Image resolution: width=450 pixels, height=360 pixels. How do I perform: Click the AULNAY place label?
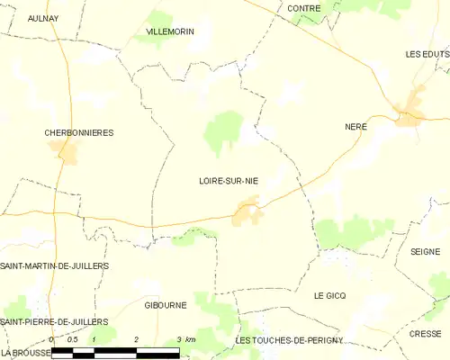[x=44, y=17]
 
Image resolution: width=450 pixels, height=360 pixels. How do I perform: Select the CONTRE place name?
[x=304, y=8]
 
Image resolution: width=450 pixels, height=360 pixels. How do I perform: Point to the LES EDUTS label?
[x=426, y=54]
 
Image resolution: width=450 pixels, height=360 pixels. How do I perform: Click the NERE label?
[x=356, y=127]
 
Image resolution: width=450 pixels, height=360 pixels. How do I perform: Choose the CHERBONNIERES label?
[x=79, y=132]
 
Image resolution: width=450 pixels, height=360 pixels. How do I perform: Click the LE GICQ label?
[x=329, y=295]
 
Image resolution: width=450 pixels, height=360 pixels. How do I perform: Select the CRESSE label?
[x=424, y=332]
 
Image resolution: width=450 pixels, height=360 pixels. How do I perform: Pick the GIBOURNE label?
[x=166, y=305]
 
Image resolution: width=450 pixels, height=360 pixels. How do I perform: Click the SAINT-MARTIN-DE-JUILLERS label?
[x=54, y=265]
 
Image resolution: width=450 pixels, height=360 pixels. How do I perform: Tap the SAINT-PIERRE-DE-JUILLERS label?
[x=54, y=321]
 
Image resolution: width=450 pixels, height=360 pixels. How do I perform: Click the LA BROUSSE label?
[x=24, y=352]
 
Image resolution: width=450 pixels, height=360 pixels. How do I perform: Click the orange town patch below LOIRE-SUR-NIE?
[x=247, y=213]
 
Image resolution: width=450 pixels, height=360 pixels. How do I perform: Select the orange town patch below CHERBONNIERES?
[x=68, y=153]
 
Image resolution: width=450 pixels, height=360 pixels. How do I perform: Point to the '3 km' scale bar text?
[x=185, y=338]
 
